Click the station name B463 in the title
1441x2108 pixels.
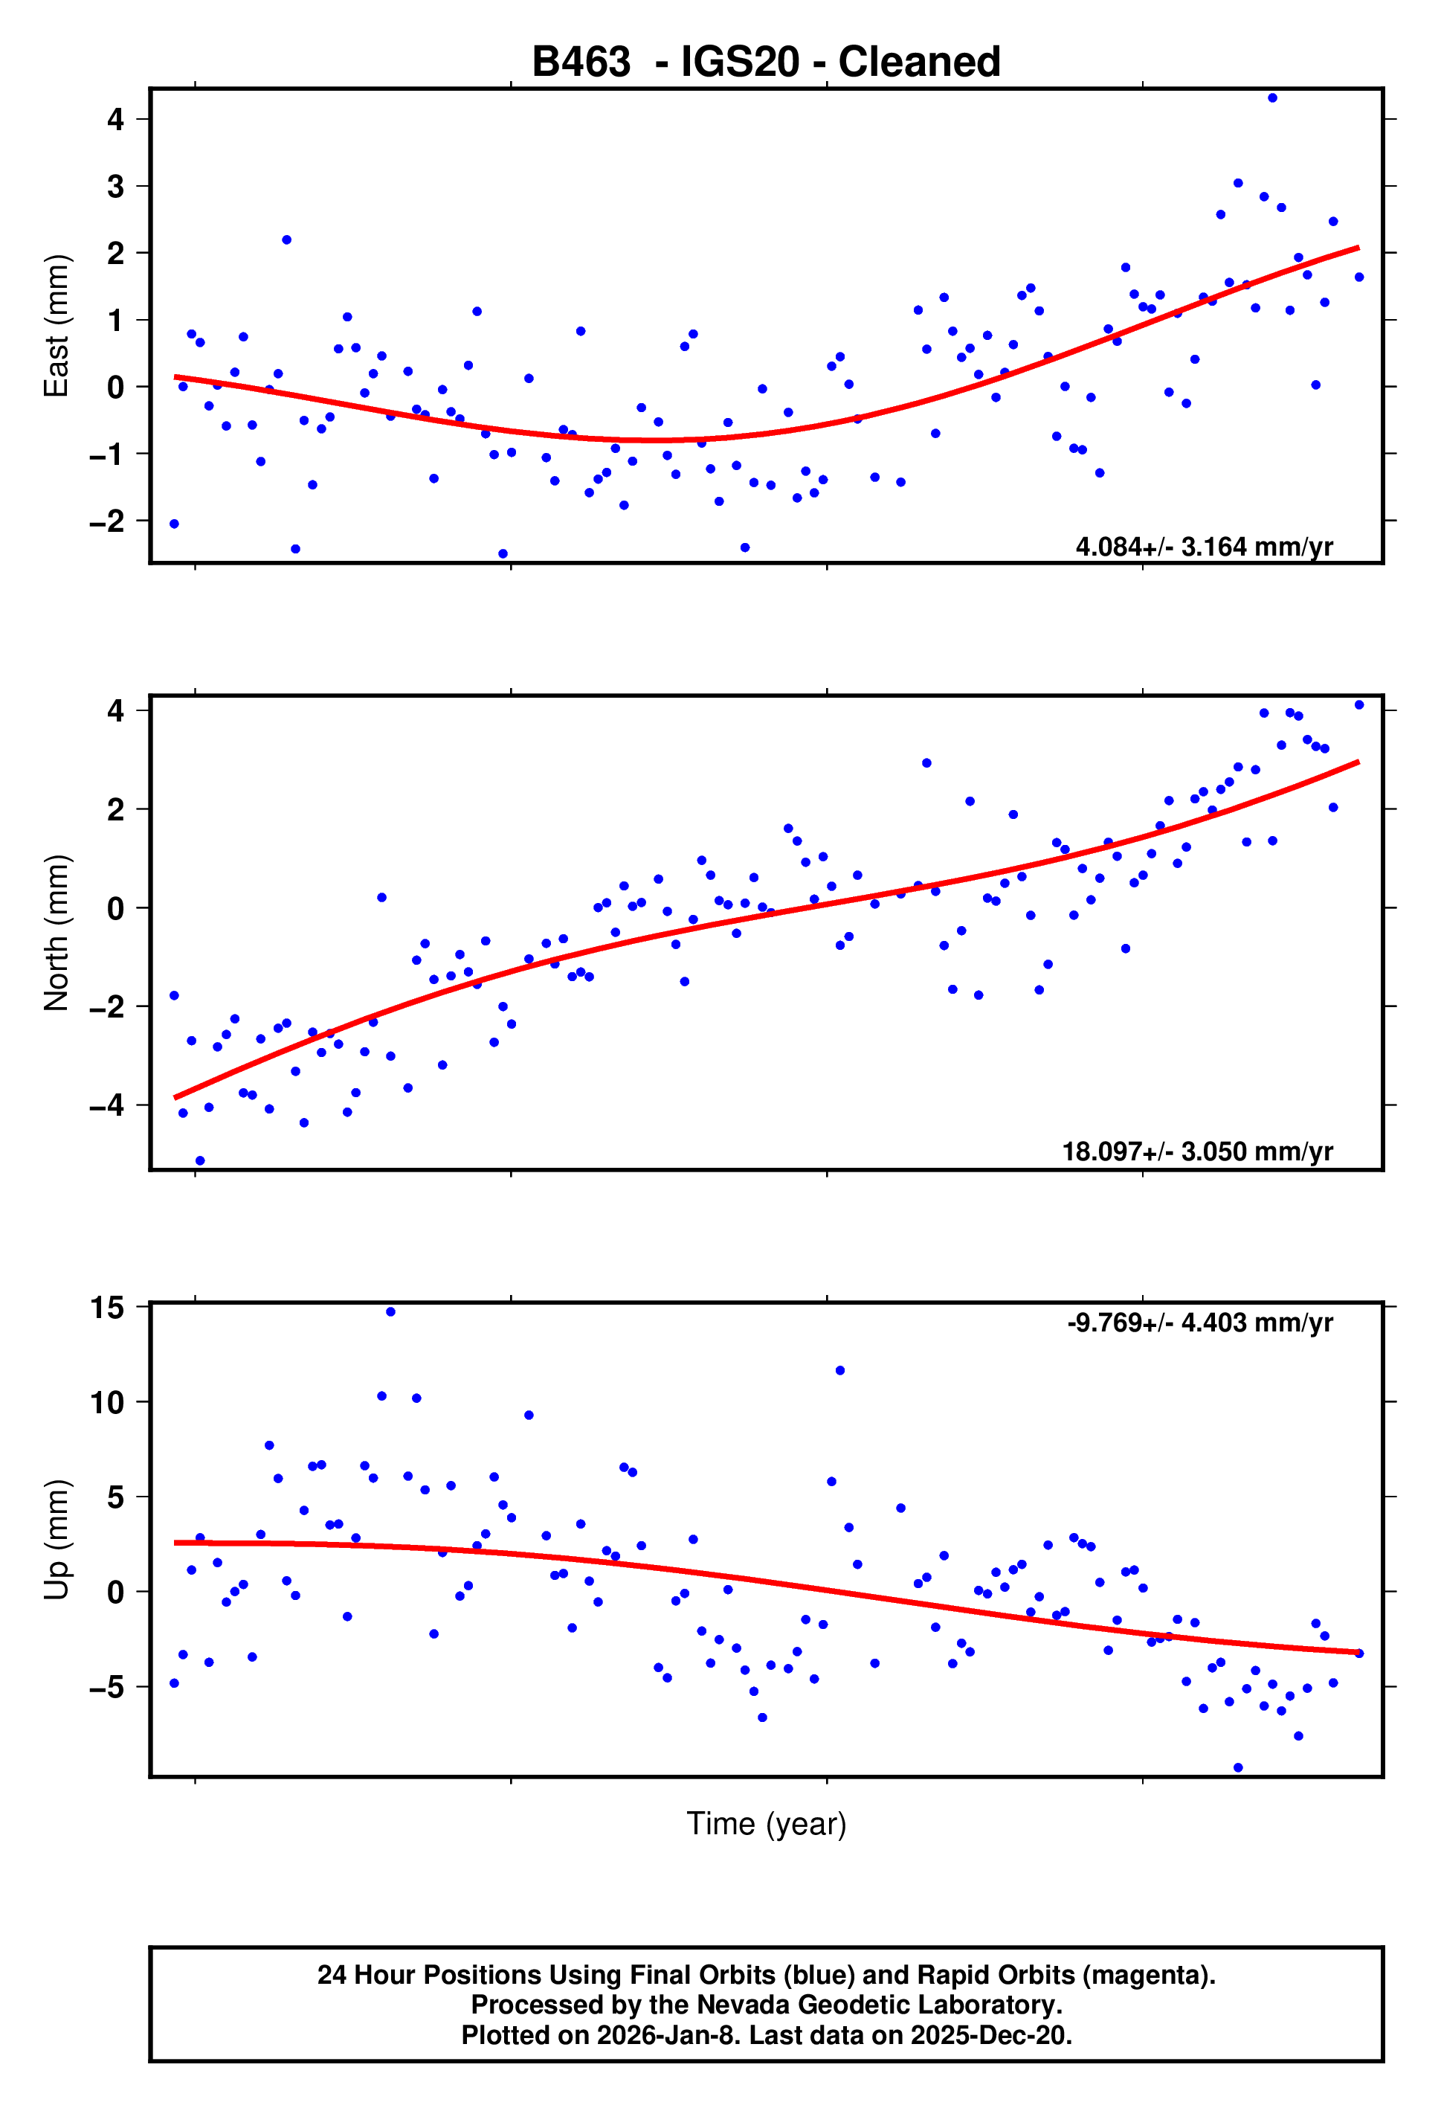click(x=581, y=62)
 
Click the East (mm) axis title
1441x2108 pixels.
click(x=57, y=326)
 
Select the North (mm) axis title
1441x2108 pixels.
click(x=57, y=933)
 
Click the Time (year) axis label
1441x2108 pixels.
click(x=767, y=1823)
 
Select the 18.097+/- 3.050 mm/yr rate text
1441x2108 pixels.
click(x=1197, y=1152)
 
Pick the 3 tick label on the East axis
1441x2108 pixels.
click(x=115, y=187)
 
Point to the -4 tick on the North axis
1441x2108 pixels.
click(x=107, y=1106)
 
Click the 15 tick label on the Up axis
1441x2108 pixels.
click(x=107, y=1308)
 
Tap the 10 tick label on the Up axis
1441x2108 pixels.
click(x=107, y=1403)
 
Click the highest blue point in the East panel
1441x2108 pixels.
click(x=1272, y=98)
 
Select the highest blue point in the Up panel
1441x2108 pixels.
click(x=390, y=1311)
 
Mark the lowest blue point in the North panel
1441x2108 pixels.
click(x=199, y=1161)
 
